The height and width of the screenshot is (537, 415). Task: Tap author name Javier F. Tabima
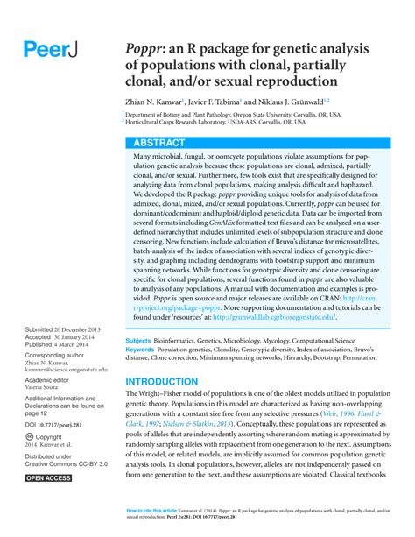click(x=230, y=103)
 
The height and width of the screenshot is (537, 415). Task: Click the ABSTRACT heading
click(x=159, y=142)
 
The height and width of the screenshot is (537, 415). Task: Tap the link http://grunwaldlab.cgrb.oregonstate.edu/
click(x=272, y=317)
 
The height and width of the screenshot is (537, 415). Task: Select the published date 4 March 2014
click(x=77, y=344)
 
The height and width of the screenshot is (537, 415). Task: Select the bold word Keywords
click(x=140, y=349)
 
